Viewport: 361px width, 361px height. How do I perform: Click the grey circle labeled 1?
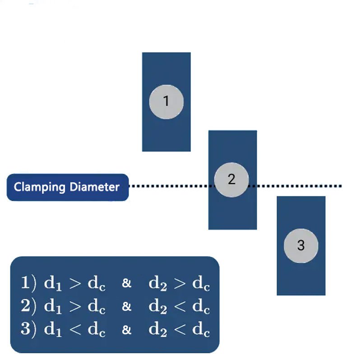point(166,102)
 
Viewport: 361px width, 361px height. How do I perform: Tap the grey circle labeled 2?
point(231,180)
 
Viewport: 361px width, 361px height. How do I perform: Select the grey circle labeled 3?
point(301,246)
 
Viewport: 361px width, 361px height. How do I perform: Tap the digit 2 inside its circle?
point(231,180)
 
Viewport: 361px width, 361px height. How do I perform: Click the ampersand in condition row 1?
point(127,284)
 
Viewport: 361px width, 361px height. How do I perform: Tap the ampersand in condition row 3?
point(127,330)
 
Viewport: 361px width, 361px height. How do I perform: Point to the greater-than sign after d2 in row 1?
point(180,284)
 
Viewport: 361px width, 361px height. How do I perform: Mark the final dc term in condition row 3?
point(201,330)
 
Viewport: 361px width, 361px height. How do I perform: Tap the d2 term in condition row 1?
point(157,284)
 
